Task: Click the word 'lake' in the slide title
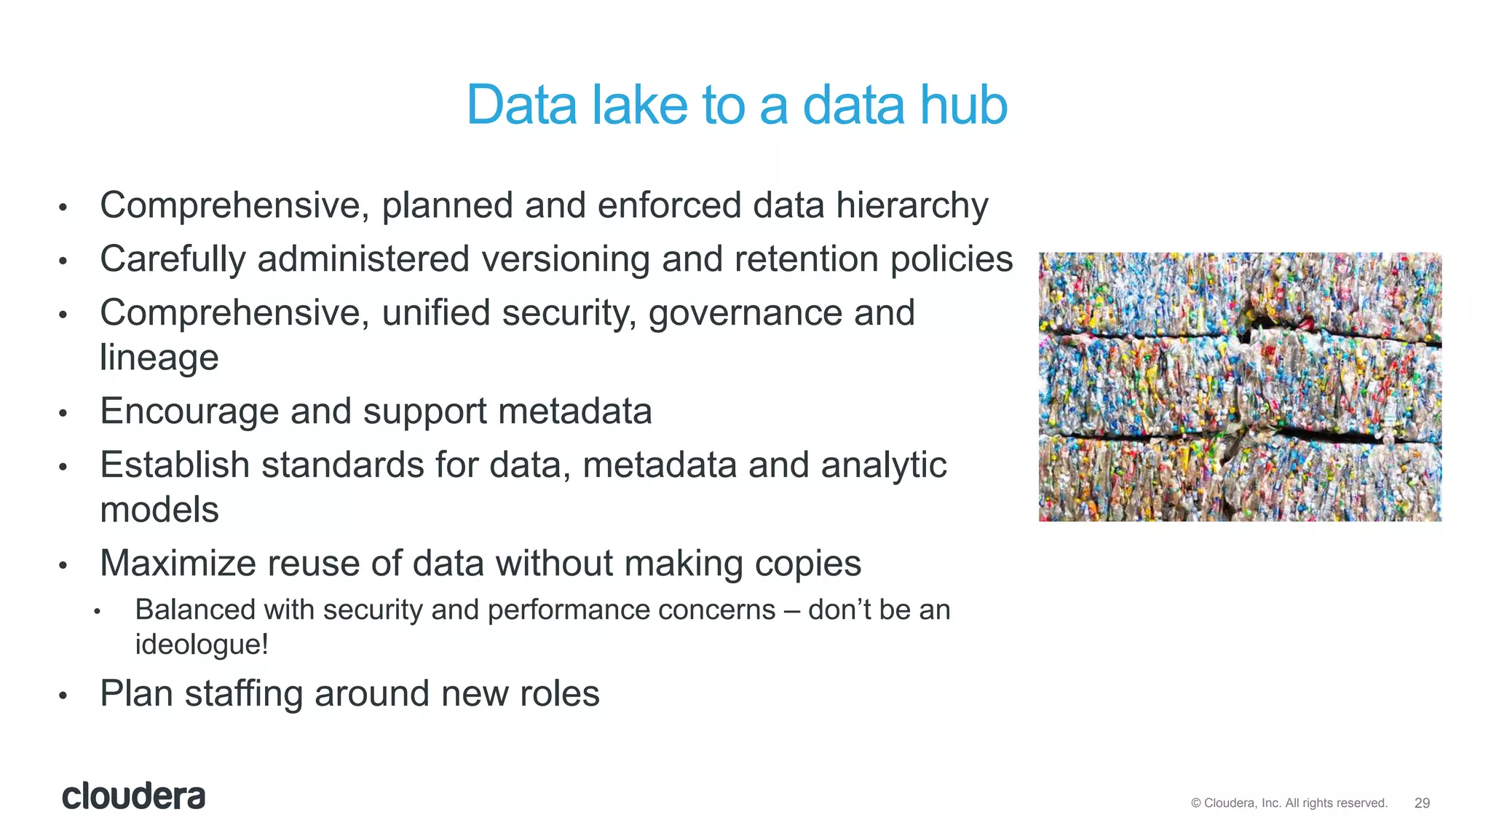[x=639, y=106]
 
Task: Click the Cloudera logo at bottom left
[x=134, y=796]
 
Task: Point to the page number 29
[x=1422, y=803]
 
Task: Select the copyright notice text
[x=1289, y=803]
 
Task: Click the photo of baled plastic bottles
[x=1240, y=386]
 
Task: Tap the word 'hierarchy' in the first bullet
[x=911, y=205]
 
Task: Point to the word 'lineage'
[x=159, y=358]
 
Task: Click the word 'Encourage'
[x=189, y=411]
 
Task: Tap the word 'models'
[x=159, y=509]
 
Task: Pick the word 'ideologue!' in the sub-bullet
[x=202, y=644]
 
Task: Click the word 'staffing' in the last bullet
[x=243, y=693]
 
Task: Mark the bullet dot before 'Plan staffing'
[x=63, y=696]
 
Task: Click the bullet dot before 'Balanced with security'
[x=97, y=612]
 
